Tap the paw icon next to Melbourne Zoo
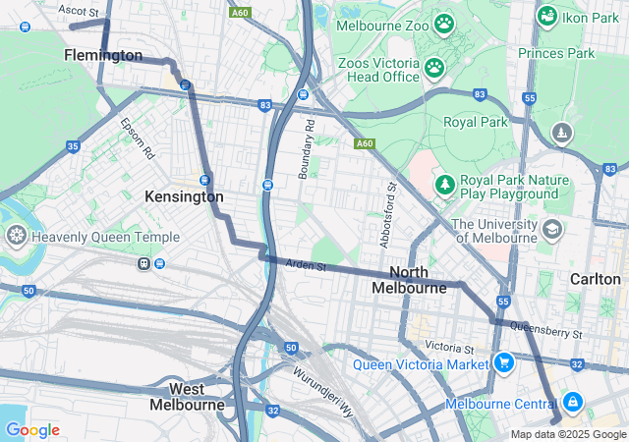coord(444,22)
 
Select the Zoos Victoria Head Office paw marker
coord(433,68)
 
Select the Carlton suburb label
coord(596,279)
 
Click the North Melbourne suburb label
coord(409,280)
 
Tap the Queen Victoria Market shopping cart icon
coord(504,363)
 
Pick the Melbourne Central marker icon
coord(572,403)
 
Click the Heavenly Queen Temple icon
coord(16,236)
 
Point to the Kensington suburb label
coord(184,196)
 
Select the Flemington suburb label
coord(103,55)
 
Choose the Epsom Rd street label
coord(138,139)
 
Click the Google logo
coord(32,430)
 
